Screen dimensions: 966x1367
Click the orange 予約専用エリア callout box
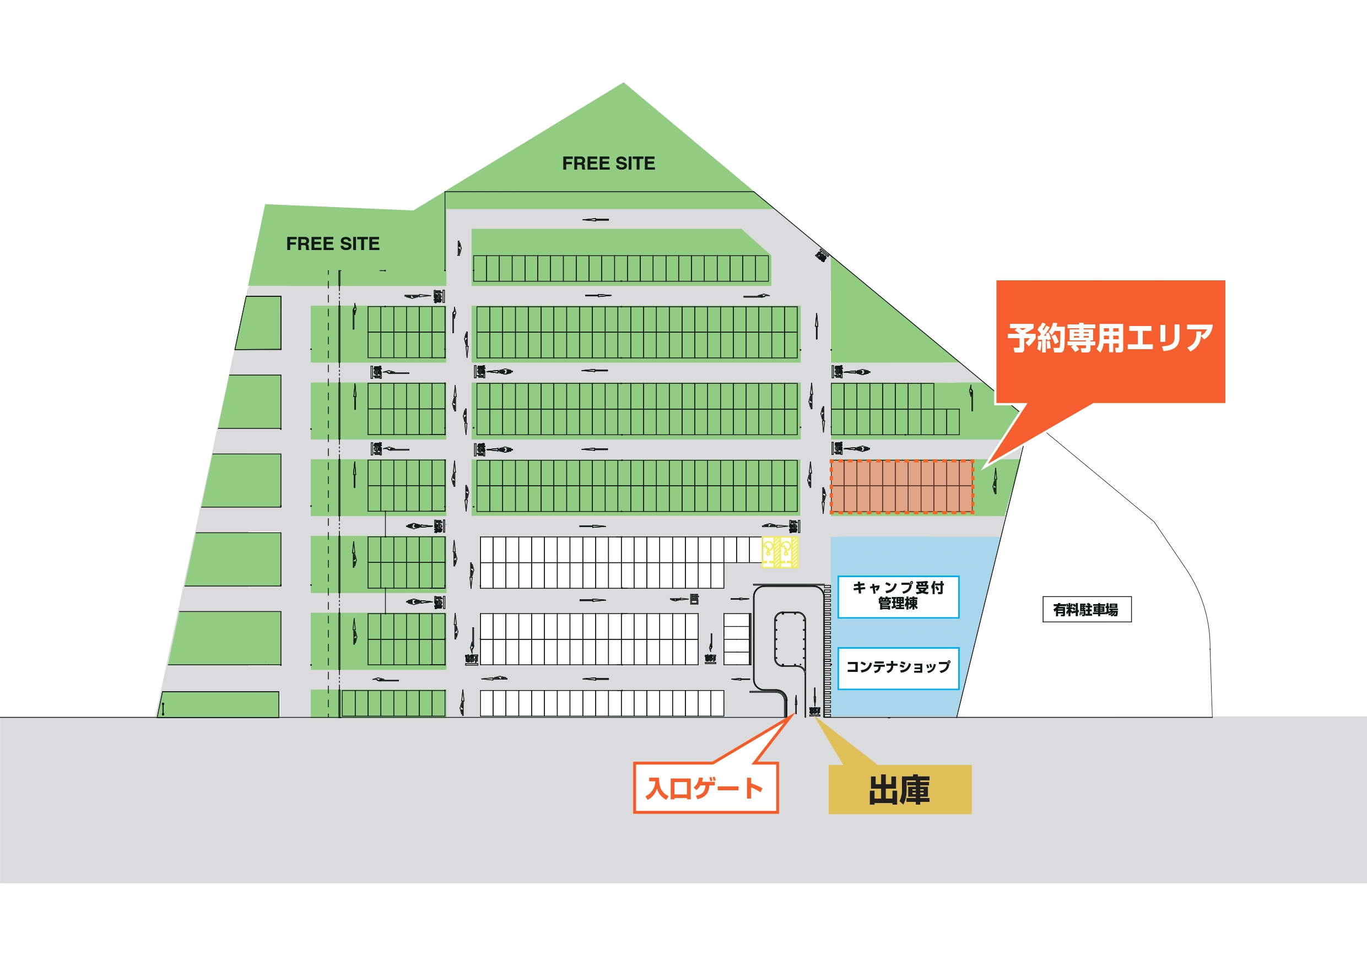pos(1110,341)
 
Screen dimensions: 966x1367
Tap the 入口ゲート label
pos(705,788)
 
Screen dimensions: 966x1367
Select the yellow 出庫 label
pos(900,790)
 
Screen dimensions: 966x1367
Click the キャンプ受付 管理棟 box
pos(898,596)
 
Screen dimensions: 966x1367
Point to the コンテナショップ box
pos(898,668)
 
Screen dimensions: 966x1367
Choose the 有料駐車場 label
pos(1087,610)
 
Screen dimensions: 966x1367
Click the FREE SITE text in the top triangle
pos(608,164)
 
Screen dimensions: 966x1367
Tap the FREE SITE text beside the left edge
pos(332,244)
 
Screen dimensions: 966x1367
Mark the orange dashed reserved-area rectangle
pos(901,486)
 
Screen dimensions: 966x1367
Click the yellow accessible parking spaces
pos(780,552)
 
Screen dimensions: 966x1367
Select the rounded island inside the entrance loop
pos(790,639)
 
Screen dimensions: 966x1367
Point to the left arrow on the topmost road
pos(596,220)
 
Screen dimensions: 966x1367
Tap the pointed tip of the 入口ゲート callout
pos(794,714)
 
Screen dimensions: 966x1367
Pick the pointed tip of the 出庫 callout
pos(815,718)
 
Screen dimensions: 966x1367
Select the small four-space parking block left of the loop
pos(737,639)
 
